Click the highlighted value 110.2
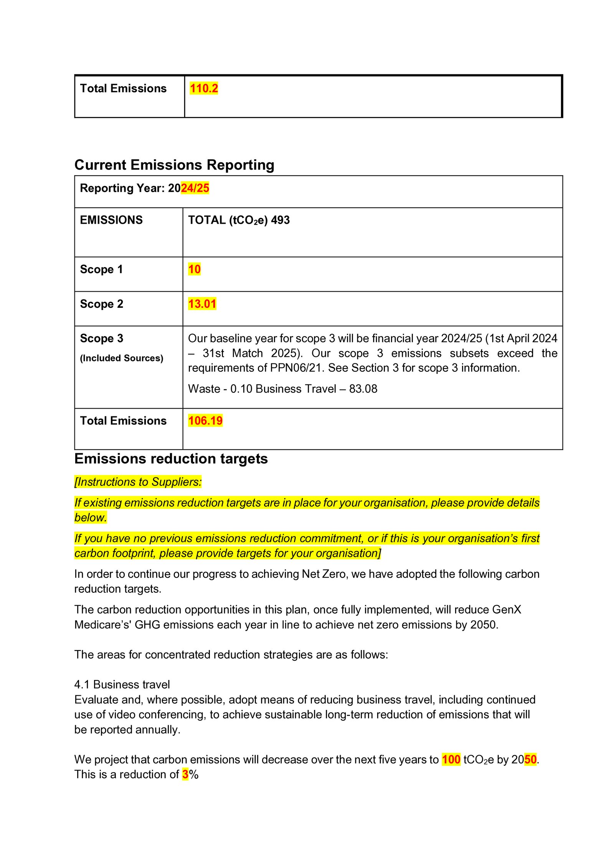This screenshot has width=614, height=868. [204, 89]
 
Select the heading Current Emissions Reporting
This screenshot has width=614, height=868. [174, 165]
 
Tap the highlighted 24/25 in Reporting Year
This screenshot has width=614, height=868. [195, 188]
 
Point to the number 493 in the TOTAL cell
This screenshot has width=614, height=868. [280, 220]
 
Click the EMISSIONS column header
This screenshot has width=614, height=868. [111, 220]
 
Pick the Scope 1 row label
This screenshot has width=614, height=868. [101, 269]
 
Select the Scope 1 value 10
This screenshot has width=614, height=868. [194, 269]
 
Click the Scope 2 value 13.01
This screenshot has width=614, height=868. [202, 304]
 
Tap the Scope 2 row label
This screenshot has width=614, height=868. [102, 304]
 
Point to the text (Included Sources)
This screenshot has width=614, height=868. [122, 358]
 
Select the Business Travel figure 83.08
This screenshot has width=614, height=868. [363, 389]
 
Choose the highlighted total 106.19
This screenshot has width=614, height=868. [205, 421]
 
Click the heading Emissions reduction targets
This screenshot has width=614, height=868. [171, 459]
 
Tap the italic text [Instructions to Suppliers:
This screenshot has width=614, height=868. [138, 482]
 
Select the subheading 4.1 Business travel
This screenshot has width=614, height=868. [122, 685]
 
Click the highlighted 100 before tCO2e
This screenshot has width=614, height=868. [451, 759]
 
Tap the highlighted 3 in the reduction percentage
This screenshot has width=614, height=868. [185, 774]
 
